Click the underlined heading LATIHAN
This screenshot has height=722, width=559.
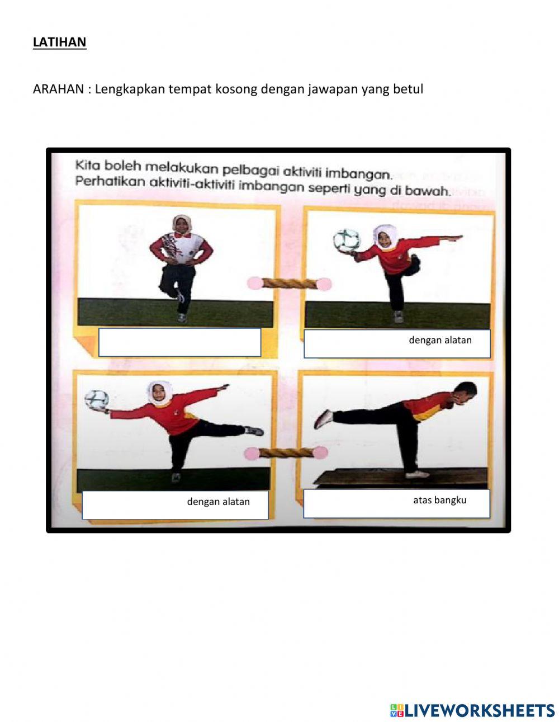click(59, 42)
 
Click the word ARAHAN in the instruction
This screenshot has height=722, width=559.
click(58, 89)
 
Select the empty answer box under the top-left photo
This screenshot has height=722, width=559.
click(179, 342)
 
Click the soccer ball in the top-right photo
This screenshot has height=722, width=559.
click(346, 240)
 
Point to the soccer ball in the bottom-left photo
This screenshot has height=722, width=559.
click(96, 400)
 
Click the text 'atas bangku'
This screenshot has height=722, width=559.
click(439, 500)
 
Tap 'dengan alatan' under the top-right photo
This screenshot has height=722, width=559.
click(440, 340)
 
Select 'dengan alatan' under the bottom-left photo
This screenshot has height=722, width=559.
click(218, 502)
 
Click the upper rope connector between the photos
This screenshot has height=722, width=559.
click(290, 284)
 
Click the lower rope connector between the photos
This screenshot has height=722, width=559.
click(288, 452)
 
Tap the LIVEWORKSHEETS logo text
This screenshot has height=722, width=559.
click(472, 710)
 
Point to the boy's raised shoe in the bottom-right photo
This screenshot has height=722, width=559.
click(323, 419)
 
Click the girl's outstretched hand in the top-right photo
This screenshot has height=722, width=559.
click(457, 238)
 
